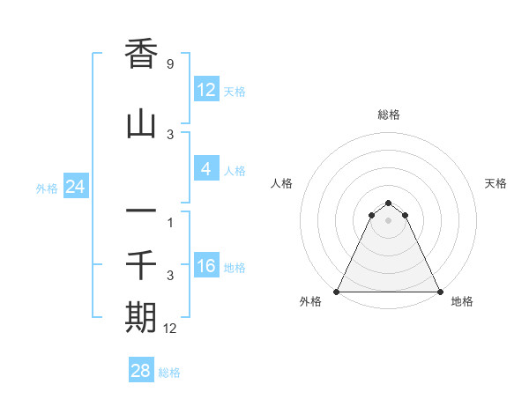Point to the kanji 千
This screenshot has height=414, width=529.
coord(141,264)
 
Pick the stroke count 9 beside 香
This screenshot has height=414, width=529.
coord(169,64)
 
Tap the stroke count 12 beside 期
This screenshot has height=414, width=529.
coord(170,329)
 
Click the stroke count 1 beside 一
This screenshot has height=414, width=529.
coord(170,222)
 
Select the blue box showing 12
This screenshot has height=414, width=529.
coord(205,90)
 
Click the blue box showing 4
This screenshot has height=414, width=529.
coord(205,169)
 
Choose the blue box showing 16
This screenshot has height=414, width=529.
coord(205,266)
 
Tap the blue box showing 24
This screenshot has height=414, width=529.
coord(76,187)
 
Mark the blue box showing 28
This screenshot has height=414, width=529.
coord(141,371)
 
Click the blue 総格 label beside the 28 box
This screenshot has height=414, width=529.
coord(169,373)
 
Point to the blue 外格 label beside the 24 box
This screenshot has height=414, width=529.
coord(47,188)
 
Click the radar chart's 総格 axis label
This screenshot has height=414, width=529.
coord(389,115)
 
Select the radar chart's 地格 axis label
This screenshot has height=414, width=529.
coord(462,301)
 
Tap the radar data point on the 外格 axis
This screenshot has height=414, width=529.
coord(337,291)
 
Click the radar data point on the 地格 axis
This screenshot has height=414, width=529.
coord(439,291)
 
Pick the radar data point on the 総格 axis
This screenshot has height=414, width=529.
coord(388,199)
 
